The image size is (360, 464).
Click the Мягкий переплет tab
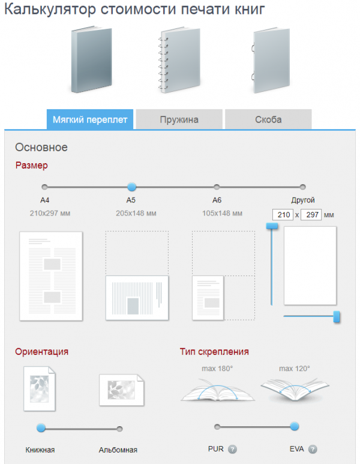click(90, 119)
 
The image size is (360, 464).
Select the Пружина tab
click(179, 119)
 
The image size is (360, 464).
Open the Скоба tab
click(268, 119)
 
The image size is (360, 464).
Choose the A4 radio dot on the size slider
click(44, 187)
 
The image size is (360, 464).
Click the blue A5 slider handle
click(131, 187)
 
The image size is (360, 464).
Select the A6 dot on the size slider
click(217, 187)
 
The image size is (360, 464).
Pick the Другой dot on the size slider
click(302, 187)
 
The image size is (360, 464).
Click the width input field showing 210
click(282, 215)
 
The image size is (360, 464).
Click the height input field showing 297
click(311, 215)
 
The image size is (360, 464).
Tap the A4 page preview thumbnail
click(51, 276)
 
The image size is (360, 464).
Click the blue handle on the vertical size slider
click(272, 226)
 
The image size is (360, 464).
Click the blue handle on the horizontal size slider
click(337, 316)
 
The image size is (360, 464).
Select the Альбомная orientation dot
click(119, 429)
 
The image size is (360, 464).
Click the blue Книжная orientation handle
click(41, 428)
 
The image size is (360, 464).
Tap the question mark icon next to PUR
click(232, 449)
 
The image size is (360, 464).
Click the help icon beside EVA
click(313, 449)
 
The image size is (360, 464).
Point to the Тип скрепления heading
click(214, 352)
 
